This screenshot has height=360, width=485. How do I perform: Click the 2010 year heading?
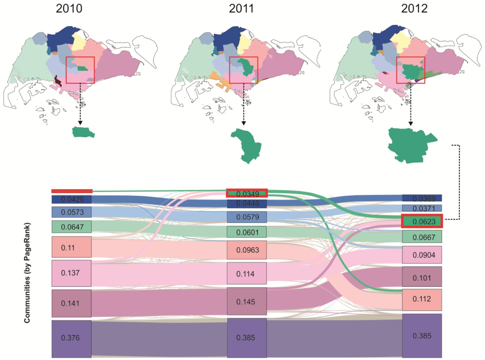[69, 9]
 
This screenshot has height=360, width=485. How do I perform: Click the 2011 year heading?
[241, 9]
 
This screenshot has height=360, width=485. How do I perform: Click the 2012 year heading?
[414, 9]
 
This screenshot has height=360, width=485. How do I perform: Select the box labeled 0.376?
[72, 338]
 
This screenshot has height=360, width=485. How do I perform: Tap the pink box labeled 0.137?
[72, 273]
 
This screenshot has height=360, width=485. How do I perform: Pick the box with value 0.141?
[72, 303]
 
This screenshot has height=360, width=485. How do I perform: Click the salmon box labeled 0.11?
[72, 247]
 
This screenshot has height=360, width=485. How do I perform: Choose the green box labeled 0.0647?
[72, 227]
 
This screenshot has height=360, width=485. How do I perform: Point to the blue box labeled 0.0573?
[72, 212]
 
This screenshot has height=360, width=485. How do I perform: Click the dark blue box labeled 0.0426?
[72, 199]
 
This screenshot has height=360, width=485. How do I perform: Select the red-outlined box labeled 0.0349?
[247, 193]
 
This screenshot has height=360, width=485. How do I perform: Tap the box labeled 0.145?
[247, 301]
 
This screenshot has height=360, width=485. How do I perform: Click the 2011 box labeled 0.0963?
[247, 250]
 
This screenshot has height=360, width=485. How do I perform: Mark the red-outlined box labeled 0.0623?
[422, 221]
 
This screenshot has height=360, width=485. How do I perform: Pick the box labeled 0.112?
[422, 299]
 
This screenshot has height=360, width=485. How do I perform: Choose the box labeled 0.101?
[422, 277]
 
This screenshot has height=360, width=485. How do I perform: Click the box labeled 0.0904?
[422, 255]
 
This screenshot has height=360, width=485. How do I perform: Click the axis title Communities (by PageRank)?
[27, 273]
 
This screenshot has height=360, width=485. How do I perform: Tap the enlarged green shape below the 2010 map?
[83, 132]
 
